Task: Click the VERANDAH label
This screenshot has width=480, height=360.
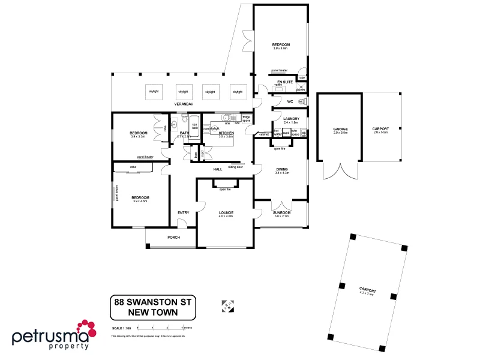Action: click(x=184, y=104)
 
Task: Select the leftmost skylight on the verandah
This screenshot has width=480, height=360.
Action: click(x=154, y=92)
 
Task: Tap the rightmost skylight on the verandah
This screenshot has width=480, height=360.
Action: click(x=238, y=92)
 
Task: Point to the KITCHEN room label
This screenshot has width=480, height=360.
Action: click(x=226, y=133)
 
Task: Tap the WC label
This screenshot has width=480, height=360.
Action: click(x=290, y=101)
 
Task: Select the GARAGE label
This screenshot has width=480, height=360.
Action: click(x=340, y=129)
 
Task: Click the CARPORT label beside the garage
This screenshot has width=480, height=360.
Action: click(x=380, y=129)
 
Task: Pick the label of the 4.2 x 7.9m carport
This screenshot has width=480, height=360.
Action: click(x=367, y=290)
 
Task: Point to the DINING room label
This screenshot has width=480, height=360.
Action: click(x=282, y=169)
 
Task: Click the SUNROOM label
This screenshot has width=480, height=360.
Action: click(x=281, y=212)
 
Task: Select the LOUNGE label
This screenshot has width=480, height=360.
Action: click(x=226, y=212)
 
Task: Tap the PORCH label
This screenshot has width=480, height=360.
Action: click(x=173, y=237)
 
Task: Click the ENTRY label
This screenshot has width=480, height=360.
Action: click(x=183, y=212)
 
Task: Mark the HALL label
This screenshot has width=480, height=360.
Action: click(x=218, y=169)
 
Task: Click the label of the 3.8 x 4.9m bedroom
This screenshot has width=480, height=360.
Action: click(x=281, y=46)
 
